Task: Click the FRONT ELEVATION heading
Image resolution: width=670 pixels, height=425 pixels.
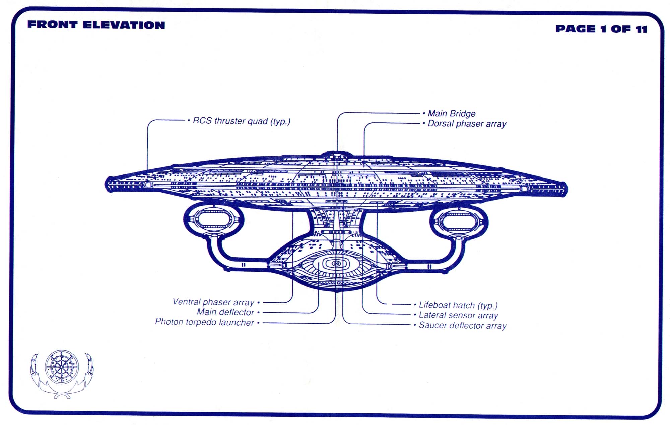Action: [x=96, y=25]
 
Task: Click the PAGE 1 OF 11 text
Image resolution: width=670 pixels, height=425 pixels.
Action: [x=601, y=29]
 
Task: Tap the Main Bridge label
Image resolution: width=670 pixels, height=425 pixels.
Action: [x=451, y=114]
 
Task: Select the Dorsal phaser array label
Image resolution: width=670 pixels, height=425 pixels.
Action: [x=467, y=124]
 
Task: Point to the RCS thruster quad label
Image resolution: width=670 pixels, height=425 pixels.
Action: [x=241, y=121]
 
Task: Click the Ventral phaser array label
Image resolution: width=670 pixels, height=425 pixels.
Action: [x=213, y=302]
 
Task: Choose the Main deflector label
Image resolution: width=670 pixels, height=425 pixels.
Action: [x=225, y=312]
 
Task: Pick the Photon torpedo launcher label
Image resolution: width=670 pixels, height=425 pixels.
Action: [x=204, y=322]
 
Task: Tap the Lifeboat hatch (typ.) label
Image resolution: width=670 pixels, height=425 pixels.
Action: [x=458, y=305]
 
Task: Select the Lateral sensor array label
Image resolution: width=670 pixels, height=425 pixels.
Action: [x=458, y=315]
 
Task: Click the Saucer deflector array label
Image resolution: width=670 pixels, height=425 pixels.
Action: [x=462, y=325]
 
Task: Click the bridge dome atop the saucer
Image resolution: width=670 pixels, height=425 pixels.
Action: [x=337, y=155]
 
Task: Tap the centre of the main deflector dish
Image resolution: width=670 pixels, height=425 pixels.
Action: [x=337, y=264]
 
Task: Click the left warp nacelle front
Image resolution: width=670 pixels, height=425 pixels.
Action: [x=214, y=220]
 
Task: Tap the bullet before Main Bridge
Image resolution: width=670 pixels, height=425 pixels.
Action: [x=424, y=114]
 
